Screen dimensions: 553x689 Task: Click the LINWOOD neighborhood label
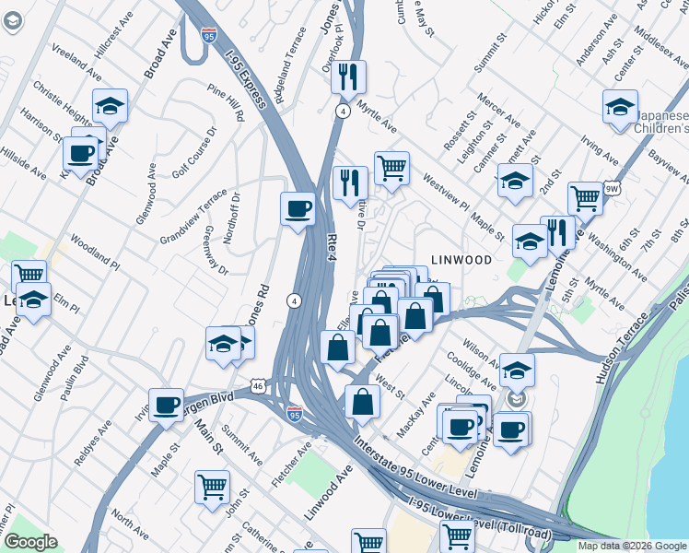click(461, 261)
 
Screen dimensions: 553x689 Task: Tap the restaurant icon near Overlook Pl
click(348, 76)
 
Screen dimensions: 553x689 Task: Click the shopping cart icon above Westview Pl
click(391, 168)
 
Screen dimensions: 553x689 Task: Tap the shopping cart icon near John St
click(213, 486)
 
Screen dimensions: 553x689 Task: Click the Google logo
click(30, 542)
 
